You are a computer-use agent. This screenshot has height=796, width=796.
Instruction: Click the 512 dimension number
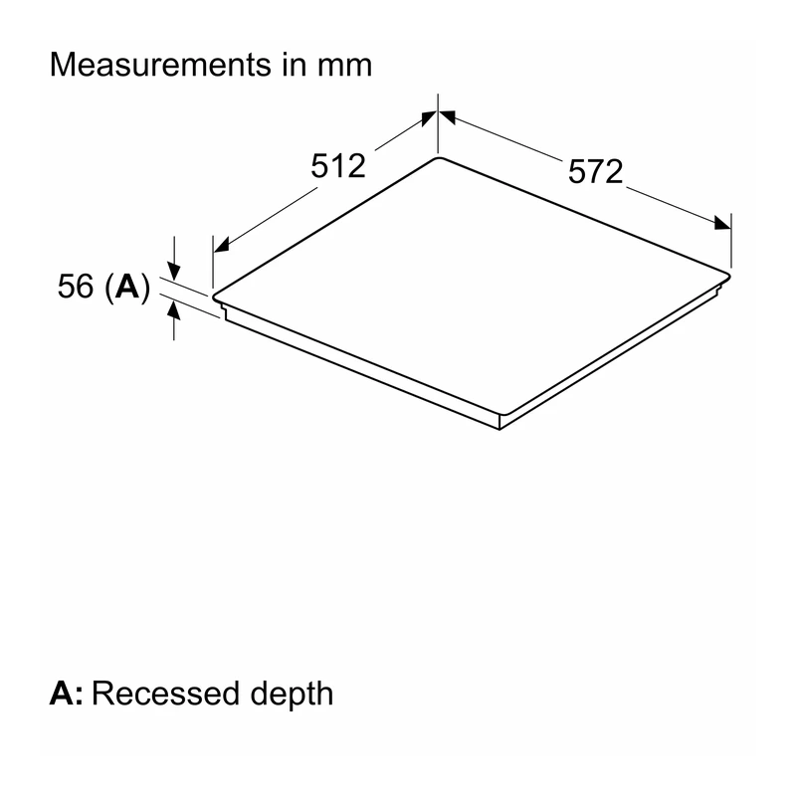coord(338,165)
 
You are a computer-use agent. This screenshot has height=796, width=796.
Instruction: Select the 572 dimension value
coord(595,171)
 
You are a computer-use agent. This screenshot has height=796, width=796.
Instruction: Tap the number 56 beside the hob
coord(76,286)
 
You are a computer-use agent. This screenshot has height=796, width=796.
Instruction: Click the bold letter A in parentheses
coord(127,286)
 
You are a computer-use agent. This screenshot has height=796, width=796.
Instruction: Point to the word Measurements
coord(160,65)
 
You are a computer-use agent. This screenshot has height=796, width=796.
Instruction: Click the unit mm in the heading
coord(344,66)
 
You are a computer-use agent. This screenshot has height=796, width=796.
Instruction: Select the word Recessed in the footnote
coord(165,693)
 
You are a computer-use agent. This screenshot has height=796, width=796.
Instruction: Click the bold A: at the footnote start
coord(66,693)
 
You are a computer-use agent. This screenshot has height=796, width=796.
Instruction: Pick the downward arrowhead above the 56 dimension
coord(174,271)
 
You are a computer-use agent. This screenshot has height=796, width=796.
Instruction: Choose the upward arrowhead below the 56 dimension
coord(174,309)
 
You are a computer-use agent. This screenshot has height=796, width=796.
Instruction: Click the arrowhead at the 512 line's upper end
coord(429,118)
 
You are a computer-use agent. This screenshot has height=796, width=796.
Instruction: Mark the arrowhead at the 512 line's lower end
coord(222,245)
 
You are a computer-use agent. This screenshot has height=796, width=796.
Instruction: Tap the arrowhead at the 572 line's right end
coord(722,223)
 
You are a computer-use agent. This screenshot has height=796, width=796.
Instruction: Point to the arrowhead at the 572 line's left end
coord(447,117)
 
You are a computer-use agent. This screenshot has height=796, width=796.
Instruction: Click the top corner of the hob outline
coord(438,157)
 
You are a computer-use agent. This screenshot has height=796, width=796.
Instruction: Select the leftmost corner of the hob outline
coord(213,296)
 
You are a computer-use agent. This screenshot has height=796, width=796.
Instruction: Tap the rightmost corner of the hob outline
coord(730,276)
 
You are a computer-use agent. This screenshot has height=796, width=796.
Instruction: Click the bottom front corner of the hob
coord(500,430)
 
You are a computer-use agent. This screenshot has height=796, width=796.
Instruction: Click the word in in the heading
coord(295,65)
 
